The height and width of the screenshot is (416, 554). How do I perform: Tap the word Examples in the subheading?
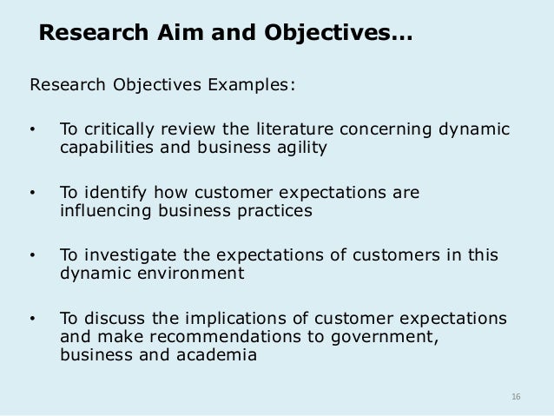[x=253, y=85]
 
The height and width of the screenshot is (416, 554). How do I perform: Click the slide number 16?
[x=516, y=397]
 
